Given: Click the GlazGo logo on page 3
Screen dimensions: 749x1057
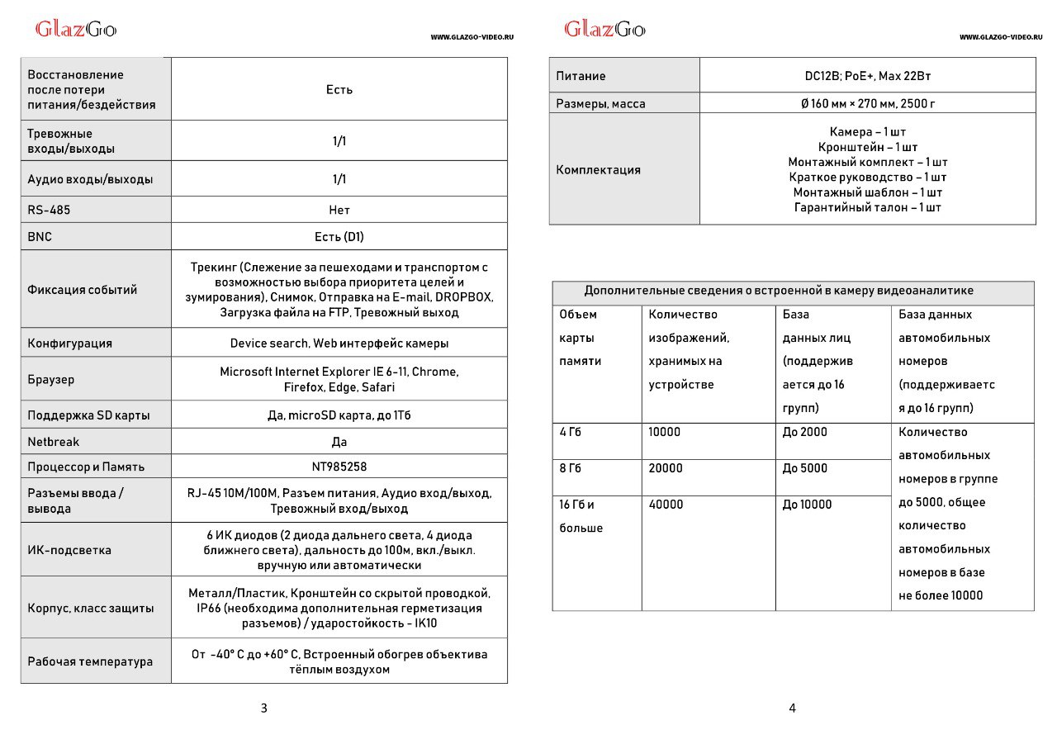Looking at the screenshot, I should tap(75, 30).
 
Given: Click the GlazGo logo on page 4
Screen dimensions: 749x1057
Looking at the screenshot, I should tap(604, 30).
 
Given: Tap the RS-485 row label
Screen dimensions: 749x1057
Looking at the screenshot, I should tap(49, 210).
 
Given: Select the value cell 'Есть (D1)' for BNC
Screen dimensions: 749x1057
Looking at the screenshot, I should tap(339, 236).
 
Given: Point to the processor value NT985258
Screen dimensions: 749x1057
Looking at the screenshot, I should tap(339, 467).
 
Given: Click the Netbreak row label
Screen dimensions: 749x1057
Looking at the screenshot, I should tap(54, 442).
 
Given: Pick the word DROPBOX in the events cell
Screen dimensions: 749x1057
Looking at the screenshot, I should tap(464, 297).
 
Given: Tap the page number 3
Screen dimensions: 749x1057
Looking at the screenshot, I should tap(263, 708).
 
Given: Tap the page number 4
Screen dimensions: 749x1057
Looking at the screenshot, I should tap(792, 708).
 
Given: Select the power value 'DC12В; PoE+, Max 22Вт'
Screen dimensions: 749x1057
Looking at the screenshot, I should tap(867, 76).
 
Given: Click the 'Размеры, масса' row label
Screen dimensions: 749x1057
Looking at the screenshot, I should tap(600, 104).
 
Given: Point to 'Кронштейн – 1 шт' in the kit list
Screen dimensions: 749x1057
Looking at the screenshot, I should tap(867, 147).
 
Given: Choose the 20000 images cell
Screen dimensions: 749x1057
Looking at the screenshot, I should tap(666, 468).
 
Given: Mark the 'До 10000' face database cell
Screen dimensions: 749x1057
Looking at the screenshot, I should tap(807, 505).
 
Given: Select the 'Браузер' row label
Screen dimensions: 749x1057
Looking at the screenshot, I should tap(50, 380).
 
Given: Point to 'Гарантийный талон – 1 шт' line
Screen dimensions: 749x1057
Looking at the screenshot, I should tap(867, 207).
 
